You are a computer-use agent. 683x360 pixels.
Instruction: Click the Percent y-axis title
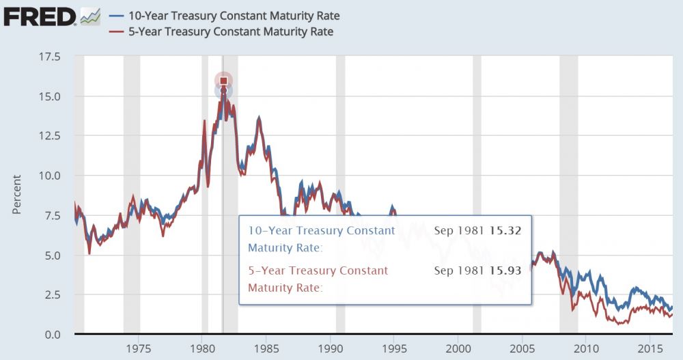point(17,194)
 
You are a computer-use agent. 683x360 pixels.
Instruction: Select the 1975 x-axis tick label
point(139,348)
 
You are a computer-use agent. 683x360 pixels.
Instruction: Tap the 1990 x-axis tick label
point(330,348)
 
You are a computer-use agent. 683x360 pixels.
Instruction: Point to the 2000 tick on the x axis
point(458,348)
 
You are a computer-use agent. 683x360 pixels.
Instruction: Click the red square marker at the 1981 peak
point(223,81)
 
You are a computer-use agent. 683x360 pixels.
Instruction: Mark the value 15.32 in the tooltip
point(505,231)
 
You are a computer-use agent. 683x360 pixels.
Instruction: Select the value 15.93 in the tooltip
point(505,271)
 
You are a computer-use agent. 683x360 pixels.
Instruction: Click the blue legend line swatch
point(117,16)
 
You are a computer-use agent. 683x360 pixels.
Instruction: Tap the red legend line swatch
point(117,31)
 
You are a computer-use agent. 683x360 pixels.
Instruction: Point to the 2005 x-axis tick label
point(522,348)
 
